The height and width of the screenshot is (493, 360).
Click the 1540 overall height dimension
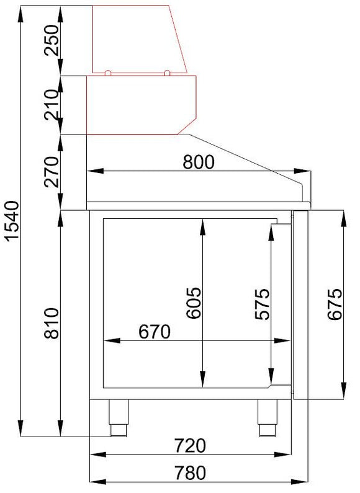13,221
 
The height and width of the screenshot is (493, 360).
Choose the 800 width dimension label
199,162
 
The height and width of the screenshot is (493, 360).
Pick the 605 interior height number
193,303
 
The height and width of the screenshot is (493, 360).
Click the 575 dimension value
262,304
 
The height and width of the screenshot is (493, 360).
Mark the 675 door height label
335,304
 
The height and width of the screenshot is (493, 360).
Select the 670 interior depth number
155,332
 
